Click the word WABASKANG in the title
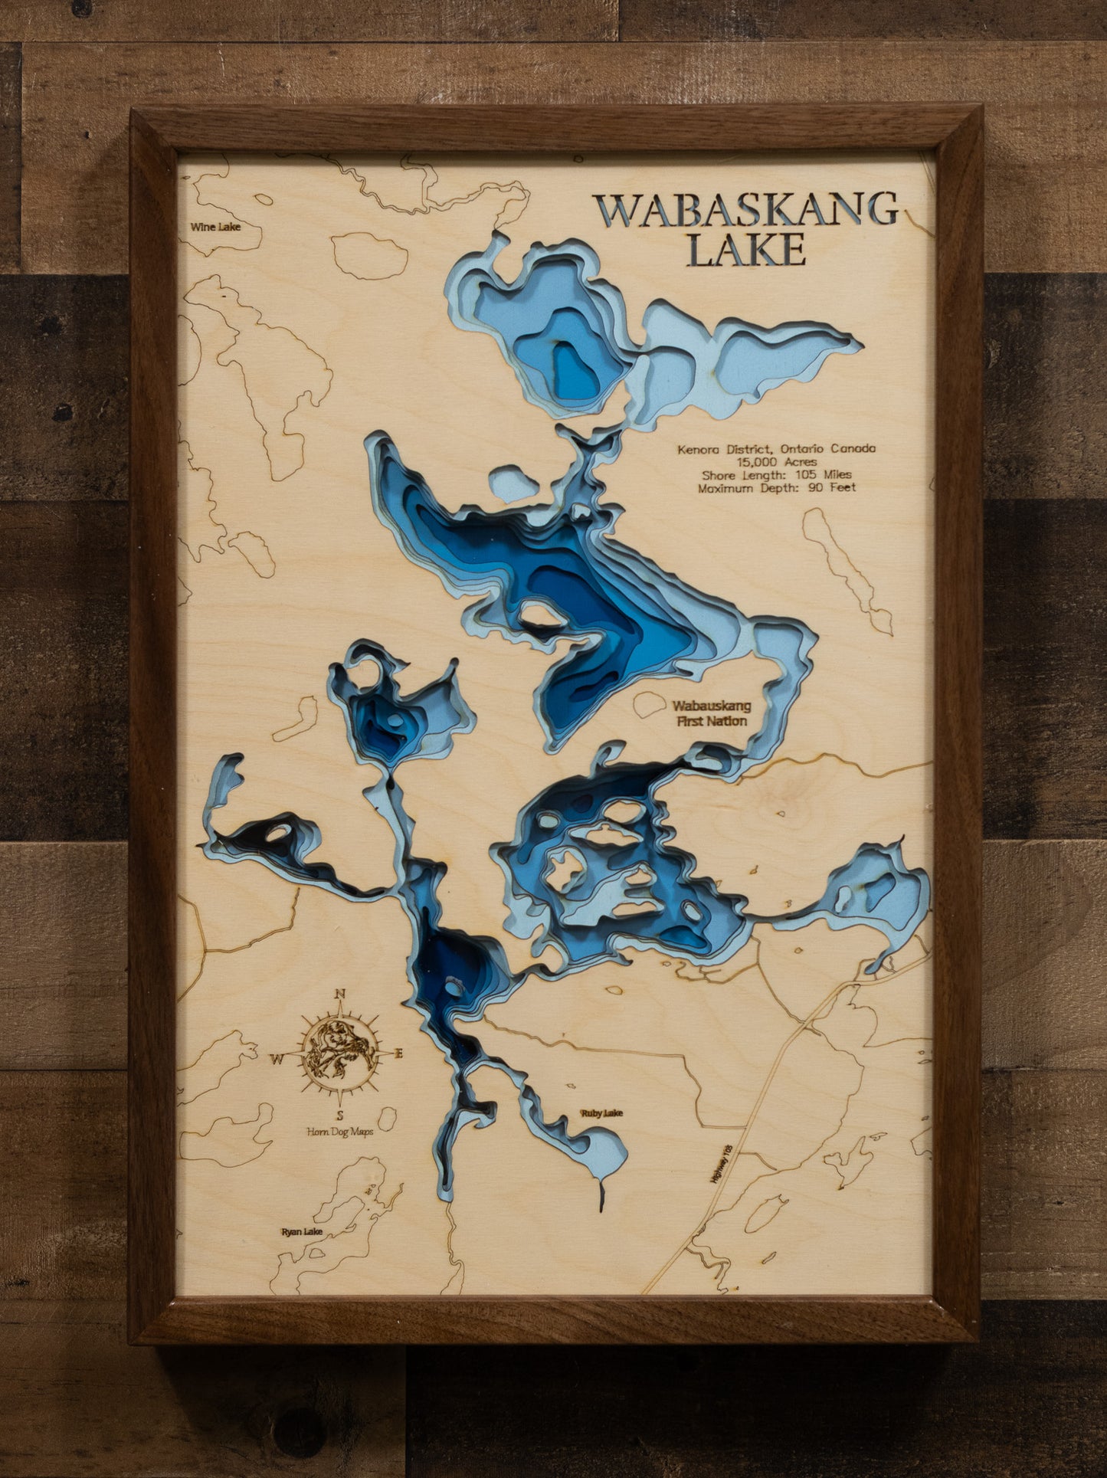point(745,210)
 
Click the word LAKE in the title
point(746,251)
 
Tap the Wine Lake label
point(215,227)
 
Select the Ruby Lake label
point(601,1113)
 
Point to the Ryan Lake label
point(302,1232)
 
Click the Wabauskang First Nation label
point(712,713)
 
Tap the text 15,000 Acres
point(776,462)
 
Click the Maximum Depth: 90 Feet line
point(776,487)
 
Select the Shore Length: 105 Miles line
point(776,475)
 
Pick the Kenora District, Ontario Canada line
point(776,449)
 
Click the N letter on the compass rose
point(340,995)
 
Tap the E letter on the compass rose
point(398,1054)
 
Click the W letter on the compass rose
point(276,1060)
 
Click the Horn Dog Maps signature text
point(339,1132)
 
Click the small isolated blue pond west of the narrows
point(513,484)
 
